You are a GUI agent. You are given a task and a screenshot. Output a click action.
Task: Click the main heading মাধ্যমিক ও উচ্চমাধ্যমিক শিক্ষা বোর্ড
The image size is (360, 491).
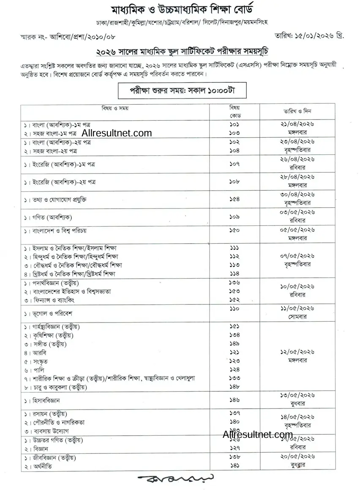click(180, 9)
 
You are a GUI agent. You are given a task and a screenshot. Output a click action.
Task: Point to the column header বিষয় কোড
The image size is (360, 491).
click(235, 111)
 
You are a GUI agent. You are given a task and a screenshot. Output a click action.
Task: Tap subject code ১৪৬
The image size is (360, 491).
click(235, 399)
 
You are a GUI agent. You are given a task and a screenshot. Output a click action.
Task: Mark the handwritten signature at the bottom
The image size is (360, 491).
click(175, 480)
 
